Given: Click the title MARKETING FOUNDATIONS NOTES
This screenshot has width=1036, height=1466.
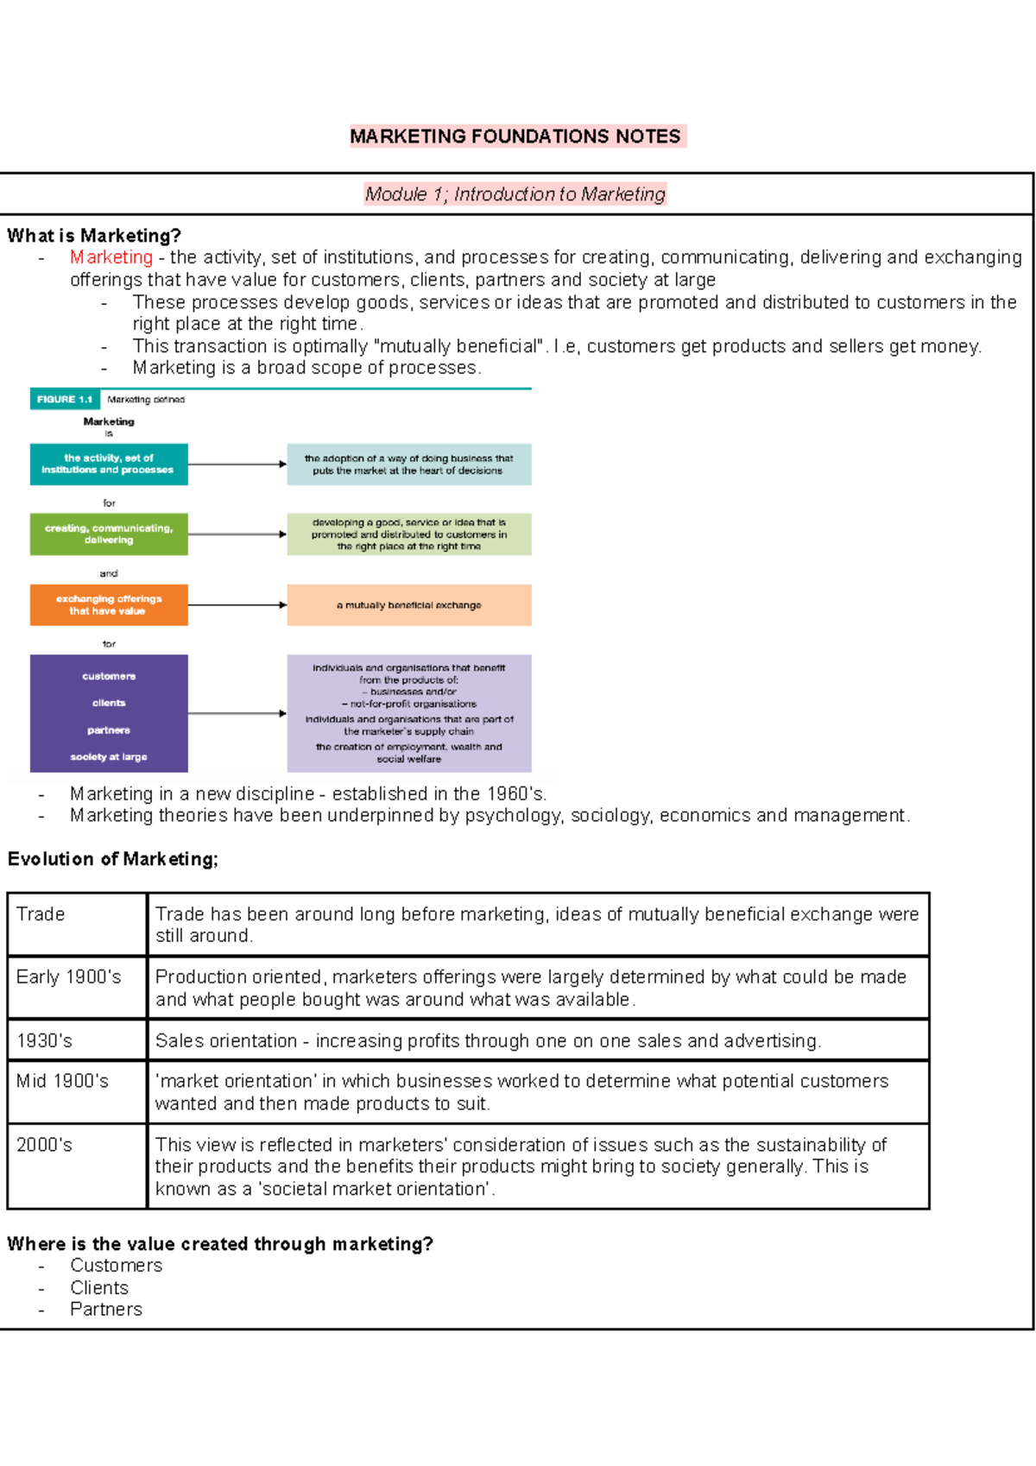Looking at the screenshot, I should pos(515,136).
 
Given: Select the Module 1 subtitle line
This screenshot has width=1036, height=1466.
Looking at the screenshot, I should pos(515,194).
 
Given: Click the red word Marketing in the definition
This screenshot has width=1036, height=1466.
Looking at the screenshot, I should pos(111,257).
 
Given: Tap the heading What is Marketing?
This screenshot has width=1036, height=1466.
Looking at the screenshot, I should pos(94,236).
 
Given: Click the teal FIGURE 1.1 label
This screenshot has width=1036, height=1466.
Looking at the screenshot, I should pos(65,400).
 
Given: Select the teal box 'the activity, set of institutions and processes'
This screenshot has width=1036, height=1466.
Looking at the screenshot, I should pos(109,464).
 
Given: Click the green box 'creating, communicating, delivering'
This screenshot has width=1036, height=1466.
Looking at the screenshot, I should pos(109,534).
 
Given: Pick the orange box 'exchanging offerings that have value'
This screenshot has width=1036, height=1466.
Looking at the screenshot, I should pos(109,605).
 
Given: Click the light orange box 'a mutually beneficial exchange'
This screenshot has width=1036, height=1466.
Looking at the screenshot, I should pos(409,605).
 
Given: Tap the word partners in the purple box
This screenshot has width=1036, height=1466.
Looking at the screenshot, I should pos(109,730).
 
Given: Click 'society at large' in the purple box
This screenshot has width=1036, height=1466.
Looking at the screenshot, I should pos(109,757).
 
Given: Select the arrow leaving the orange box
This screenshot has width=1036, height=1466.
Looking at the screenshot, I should pos(237,605).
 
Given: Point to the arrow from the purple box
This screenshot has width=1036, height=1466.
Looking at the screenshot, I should pos(237,713).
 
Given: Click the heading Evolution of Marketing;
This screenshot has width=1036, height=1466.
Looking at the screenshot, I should pos(113,859).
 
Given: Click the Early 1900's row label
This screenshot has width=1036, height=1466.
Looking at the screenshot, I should pos(69,977).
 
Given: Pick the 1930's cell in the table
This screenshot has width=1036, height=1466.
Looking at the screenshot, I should pos(45,1041).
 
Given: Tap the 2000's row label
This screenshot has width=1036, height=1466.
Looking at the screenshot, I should pos(45,1146).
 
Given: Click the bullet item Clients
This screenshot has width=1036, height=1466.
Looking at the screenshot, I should pos(99,1288).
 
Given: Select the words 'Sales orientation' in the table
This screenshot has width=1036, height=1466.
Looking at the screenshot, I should pos(226,1041).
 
